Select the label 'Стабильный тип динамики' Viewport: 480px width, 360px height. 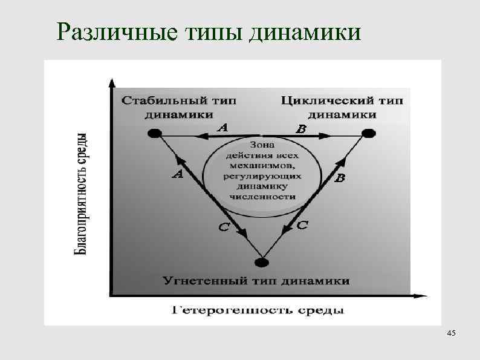click(x=178, y=106)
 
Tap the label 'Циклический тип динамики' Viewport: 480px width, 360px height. click(x=342, y=106)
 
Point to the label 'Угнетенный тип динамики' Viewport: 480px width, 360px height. click(x=256, y=281)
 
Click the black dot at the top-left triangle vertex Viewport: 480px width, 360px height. click(x=155, y=133)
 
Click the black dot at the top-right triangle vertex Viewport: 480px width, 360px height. click(x=368, y=133)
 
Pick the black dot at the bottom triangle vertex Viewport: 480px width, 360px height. click(x=261, y=263)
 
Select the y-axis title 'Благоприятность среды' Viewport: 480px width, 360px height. click(x=84, y=194)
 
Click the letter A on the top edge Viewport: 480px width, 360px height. click(x=222, y=128)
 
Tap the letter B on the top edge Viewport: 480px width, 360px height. click(x=300, y=128)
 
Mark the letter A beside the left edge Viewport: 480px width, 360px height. click(x=178, y=175)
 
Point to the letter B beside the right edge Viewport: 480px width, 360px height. click(x=340, y=178)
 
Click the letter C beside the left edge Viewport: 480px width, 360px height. click(x=224, y=227)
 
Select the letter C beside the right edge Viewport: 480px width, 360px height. click(x=303, y=225)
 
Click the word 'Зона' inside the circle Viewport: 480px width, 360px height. click(x=261, y=145)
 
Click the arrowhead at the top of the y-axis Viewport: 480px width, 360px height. click(x=110, y=83)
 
